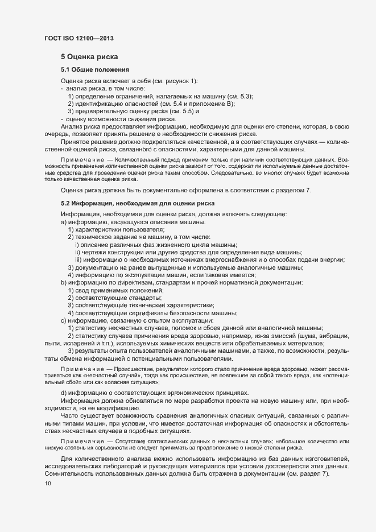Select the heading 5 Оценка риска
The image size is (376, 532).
[89, 57]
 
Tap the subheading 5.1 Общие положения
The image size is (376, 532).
[95, 69]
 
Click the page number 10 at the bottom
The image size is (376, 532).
[48, 484]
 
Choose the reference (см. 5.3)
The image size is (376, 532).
[239, 96]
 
